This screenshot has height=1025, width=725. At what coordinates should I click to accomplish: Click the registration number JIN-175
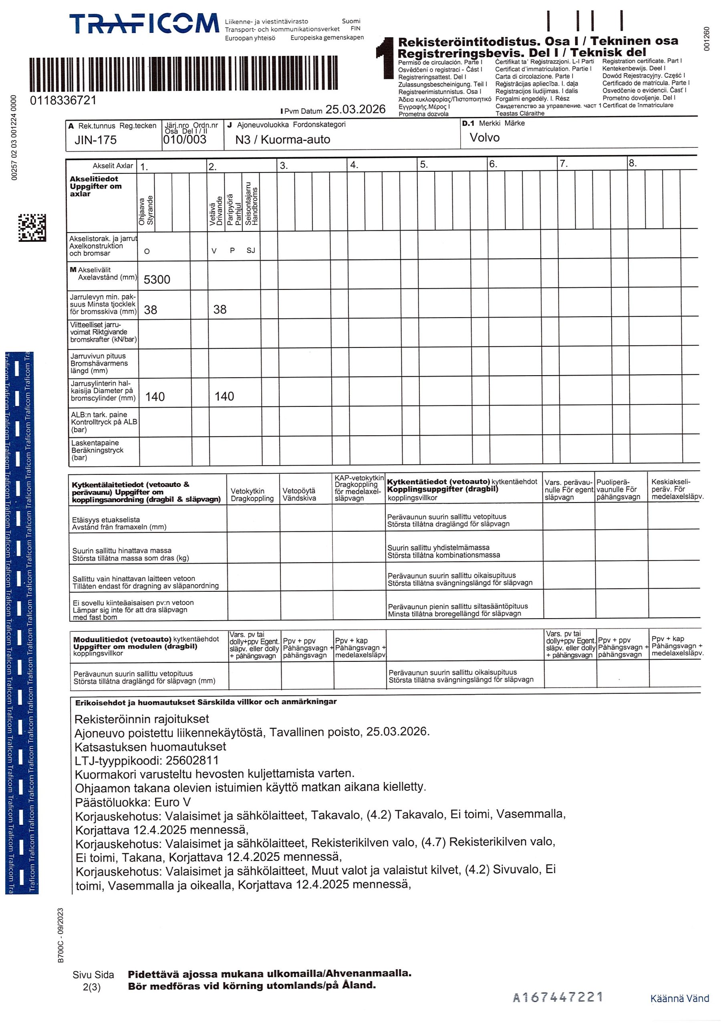click(x=95, y=140)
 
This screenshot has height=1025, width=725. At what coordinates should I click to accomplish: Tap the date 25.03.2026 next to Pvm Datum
click(x=355, y=109)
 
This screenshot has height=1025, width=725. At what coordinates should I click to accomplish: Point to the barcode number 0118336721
click(x=63, y=100)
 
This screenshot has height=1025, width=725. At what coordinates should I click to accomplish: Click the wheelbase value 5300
click(x=157, y=279)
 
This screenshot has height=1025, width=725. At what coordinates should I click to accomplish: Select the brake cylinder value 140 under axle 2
click(x=224, y=396)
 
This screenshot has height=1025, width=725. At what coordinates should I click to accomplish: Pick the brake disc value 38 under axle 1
click(x=151, y=310)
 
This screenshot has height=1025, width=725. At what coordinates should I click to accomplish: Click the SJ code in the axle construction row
click(x=251, y=251)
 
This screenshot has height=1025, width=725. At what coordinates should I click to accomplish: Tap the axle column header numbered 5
click(x=423, y=165)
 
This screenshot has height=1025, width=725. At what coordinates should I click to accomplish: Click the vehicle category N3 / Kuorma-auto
click(x=282, y=140)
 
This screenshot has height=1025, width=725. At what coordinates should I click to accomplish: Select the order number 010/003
click(x=185, y=140)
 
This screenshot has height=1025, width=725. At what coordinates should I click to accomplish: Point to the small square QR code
click(x=32, y=228)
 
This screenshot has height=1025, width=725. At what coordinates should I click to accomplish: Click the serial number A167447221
click(x=558, y=997)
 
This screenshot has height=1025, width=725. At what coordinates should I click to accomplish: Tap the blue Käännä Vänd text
click(x=679, y=999)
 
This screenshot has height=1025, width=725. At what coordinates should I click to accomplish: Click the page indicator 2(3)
click(x=92, y=987)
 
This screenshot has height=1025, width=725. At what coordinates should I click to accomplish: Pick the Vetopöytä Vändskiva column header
click(x=299, y=494)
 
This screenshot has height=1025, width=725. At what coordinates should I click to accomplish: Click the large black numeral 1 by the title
click(x=385, y=58)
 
